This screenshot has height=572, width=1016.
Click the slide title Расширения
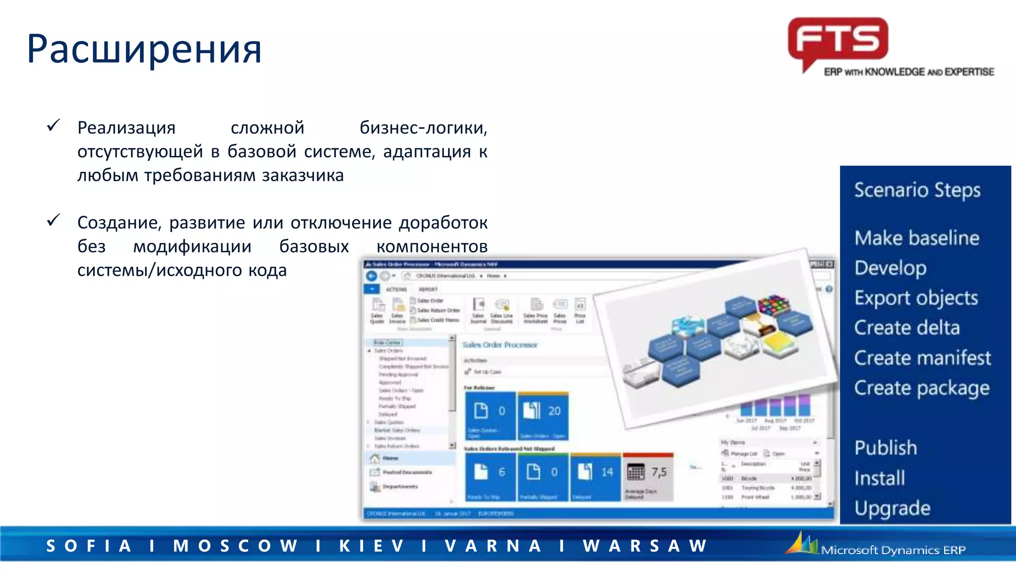[144, 50]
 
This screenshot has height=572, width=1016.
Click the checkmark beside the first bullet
[54, 126]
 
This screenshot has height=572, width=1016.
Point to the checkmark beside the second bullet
[54, 220]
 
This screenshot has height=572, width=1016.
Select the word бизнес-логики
[423, 128]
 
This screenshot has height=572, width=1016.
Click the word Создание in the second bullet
[119, 223]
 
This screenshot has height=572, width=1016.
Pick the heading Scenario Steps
[917, 190]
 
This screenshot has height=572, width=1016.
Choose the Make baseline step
[917, 238]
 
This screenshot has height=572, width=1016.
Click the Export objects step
[916, 298]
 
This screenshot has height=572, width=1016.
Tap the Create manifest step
[922, 358]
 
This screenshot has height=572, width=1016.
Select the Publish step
[886, 448]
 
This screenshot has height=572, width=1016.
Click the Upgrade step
[892, 508]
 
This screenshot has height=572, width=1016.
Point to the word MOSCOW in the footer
[235, 546]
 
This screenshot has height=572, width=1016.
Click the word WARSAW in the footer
[645, 546]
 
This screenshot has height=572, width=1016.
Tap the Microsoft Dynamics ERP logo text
[893, 550]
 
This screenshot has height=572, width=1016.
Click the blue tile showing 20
[543, 415]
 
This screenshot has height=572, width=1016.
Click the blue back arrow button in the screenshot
[371, 276]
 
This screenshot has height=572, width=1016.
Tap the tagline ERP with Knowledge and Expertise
[909, 72]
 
